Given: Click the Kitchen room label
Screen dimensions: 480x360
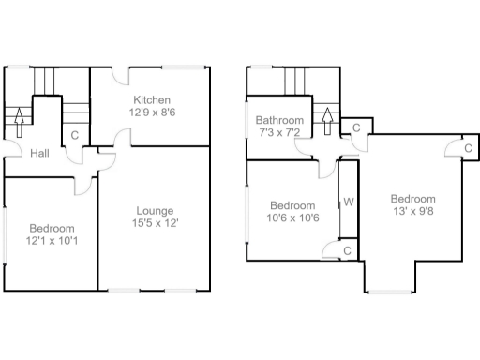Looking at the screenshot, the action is click(x=151, y=99).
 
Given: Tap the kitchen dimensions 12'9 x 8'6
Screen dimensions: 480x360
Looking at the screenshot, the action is click(x=151, y=112).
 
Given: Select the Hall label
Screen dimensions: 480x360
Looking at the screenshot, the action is click(x=39, y=154).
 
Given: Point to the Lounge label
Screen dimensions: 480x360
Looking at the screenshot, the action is click(x=154, y=210).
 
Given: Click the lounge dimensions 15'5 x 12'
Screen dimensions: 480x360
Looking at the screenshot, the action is click(x=154, y=223).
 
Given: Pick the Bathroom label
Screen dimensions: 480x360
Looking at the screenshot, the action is click(x=280, y=121).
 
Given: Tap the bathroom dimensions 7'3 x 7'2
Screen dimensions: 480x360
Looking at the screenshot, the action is click(x=280, y=133).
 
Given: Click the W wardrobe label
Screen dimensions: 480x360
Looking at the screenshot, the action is click(x=348, y=202).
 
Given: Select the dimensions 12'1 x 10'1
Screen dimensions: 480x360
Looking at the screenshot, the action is click(x=51, y=241).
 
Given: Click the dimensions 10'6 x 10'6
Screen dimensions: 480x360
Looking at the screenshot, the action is click(x=293, y=218).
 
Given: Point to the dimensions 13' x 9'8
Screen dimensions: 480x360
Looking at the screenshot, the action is click(x=412, y=212).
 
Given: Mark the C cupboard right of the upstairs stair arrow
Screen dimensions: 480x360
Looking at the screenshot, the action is click(x=355, y=128).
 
